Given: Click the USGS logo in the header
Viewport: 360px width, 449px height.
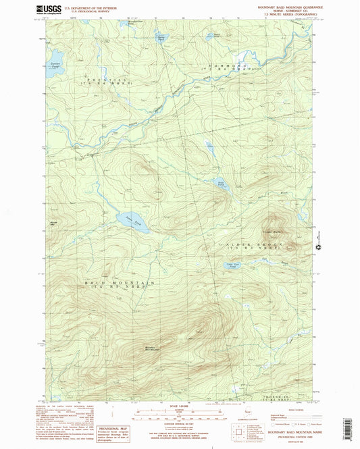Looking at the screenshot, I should [x=48, y=9].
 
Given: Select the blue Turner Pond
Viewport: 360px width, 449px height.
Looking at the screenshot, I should [x=161, y=40].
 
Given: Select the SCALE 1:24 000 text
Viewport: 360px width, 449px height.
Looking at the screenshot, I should [x=179, y=407].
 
